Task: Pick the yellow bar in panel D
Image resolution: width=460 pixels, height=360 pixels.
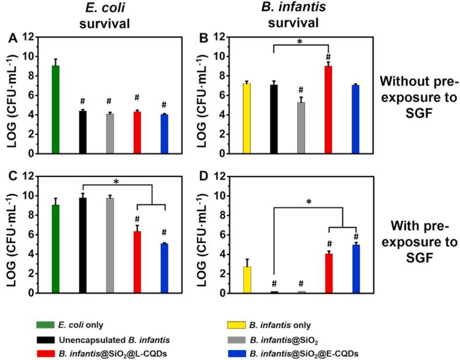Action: tap(247, 280)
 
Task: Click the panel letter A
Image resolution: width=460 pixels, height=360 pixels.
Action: tap(11, 39)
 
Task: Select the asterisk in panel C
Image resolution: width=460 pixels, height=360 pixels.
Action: tap(117, 182)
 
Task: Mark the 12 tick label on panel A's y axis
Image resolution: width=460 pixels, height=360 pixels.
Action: tap(26, 37)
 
